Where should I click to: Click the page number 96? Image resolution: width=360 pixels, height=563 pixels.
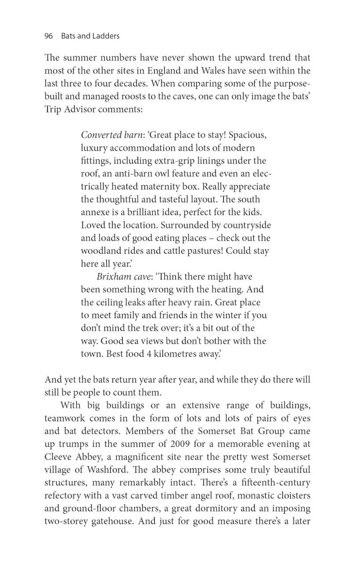click(49, 36)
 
